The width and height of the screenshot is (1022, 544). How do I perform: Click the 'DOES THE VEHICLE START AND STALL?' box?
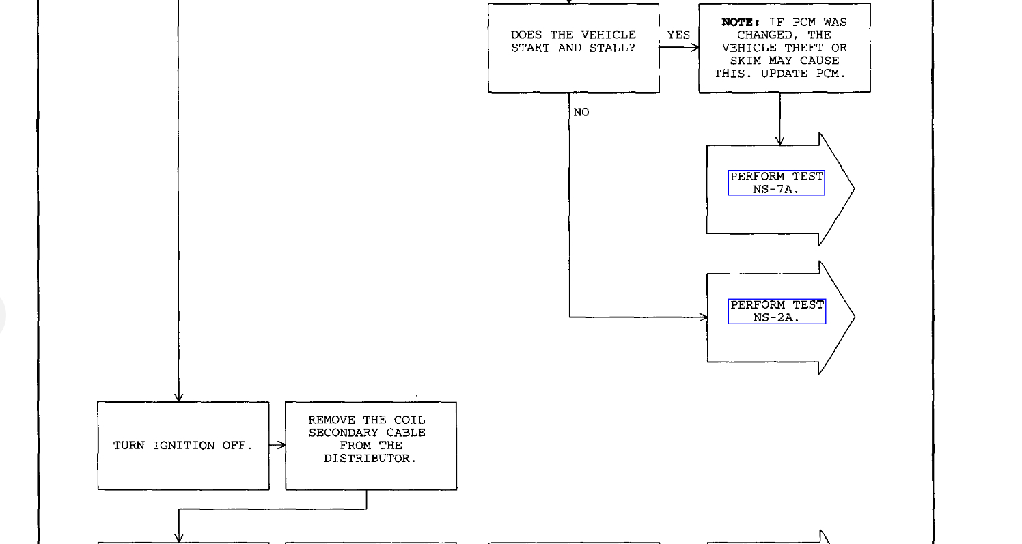(x=573, y=48)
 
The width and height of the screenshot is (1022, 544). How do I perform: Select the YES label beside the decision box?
(x=678, y=35)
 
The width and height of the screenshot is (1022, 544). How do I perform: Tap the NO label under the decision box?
(x=581, y=112)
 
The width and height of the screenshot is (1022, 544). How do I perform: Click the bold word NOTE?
(x=741, y=23)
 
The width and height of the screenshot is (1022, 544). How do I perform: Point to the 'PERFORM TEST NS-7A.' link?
(x=776, y=183)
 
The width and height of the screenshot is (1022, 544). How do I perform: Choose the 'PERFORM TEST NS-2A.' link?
(x=777, y=311)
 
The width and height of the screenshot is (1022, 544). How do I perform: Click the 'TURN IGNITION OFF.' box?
(x=183, y=446)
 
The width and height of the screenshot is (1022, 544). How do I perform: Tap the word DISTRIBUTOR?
(x=370, y=459)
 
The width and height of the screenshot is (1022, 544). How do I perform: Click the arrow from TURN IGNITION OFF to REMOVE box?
(x=277, y=446)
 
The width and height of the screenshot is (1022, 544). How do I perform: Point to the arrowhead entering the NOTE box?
(x=695, y=48)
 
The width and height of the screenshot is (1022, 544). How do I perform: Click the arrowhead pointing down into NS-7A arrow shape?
(x=779, y=141)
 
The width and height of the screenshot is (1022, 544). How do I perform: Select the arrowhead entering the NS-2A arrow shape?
(x=704, y=317)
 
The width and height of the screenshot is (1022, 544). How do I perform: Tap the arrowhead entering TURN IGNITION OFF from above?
(x=178, y=397)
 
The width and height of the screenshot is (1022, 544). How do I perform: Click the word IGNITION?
(x=183, y=446)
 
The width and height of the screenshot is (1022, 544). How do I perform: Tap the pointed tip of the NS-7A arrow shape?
(x=854, y=189)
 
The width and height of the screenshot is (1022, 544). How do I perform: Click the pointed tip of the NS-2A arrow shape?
(x=854, y=317)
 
